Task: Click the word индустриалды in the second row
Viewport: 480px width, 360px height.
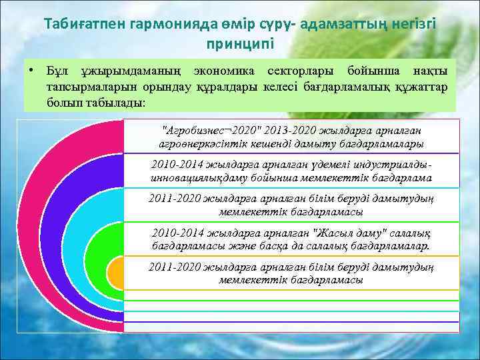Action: [x=394, y=165]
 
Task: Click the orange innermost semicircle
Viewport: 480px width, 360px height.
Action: [x=117, y=274]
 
